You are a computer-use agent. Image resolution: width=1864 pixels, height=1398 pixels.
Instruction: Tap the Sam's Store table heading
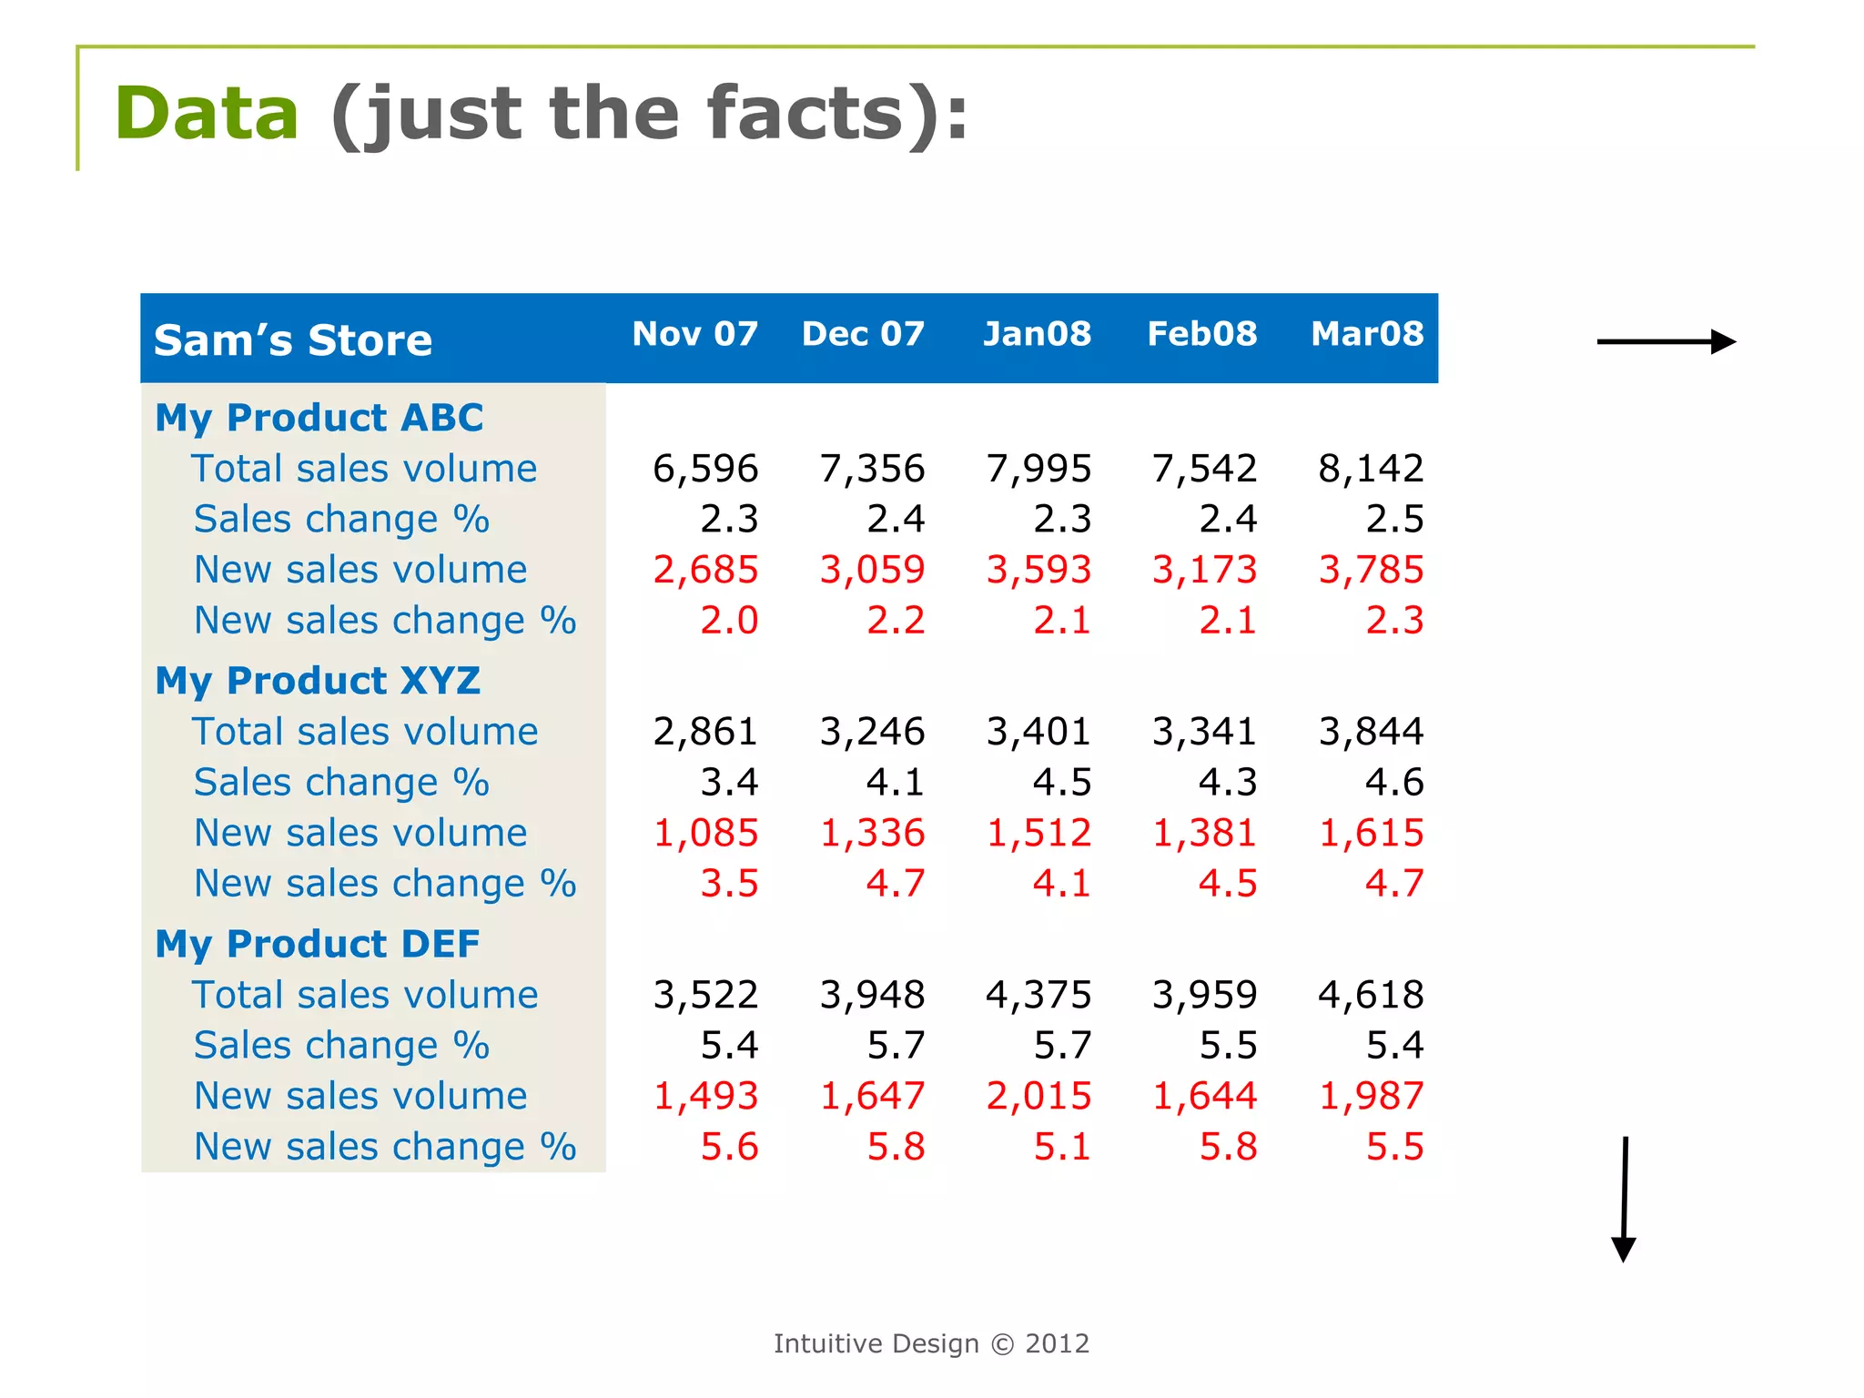point(292,340)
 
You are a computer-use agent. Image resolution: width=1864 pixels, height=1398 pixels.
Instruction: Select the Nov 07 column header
point(694,334)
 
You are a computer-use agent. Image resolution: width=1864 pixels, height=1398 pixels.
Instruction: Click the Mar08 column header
point(1366,334)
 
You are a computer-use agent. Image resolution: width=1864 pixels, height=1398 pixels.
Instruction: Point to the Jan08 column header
point(1037,334)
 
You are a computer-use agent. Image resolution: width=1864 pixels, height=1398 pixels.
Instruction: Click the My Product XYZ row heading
point(318,681)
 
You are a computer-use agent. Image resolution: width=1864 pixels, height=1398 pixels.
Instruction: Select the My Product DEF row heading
point(318,944)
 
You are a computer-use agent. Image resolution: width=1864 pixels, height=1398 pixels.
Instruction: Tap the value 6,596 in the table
point(705,469)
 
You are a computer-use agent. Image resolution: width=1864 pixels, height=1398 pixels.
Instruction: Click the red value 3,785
point(1371,570)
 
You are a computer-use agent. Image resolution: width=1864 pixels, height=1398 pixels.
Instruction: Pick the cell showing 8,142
point(1371,469)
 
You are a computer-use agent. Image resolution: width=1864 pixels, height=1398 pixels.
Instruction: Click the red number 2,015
point(1038,1096)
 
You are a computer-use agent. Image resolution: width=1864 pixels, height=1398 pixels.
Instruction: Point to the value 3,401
point(1038,732)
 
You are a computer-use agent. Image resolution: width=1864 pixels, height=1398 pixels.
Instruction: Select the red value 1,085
point(705,833)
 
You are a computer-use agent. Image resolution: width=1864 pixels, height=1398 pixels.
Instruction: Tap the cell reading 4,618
point(1371,995)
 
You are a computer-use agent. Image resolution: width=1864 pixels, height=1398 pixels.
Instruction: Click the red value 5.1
point(1061,1147)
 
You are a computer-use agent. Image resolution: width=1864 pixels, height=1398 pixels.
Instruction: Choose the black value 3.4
point(729,783)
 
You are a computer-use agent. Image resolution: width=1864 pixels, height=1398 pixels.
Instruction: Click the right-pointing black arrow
point(1666,342)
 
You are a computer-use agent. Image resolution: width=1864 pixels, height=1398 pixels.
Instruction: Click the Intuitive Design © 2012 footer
point(931,1343)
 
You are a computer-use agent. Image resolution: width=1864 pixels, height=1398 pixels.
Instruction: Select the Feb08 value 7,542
point(1204,469)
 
